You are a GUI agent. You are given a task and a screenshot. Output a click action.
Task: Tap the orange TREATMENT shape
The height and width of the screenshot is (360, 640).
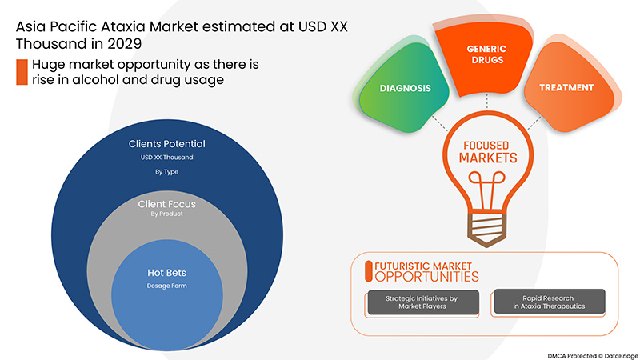[x=565, y=87]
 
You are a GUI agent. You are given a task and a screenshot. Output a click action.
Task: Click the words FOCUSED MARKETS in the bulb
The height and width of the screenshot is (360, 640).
[x=487, y=152]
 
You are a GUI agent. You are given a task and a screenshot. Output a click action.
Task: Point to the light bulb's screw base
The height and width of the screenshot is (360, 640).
[x=487, y=219]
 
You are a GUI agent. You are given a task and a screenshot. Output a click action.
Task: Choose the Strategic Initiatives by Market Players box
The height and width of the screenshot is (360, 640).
[x=422, y=302]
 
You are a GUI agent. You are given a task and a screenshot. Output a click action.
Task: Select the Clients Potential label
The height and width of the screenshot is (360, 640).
[x=167, y=144]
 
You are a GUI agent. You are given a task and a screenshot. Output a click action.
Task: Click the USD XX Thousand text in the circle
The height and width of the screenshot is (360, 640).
[x=167, y=158]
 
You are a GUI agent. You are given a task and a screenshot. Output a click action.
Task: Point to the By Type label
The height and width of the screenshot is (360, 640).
[x=167, y=171]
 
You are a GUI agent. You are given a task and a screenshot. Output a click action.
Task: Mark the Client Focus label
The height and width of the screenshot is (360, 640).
[x=167, y=204]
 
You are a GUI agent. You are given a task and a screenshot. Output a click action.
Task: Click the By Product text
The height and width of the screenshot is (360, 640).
[x=167, y=214]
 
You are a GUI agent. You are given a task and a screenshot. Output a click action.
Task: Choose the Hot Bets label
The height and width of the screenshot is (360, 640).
[x=167, y=273]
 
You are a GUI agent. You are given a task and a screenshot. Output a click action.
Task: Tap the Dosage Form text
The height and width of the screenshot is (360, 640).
[x=167, y=286]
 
